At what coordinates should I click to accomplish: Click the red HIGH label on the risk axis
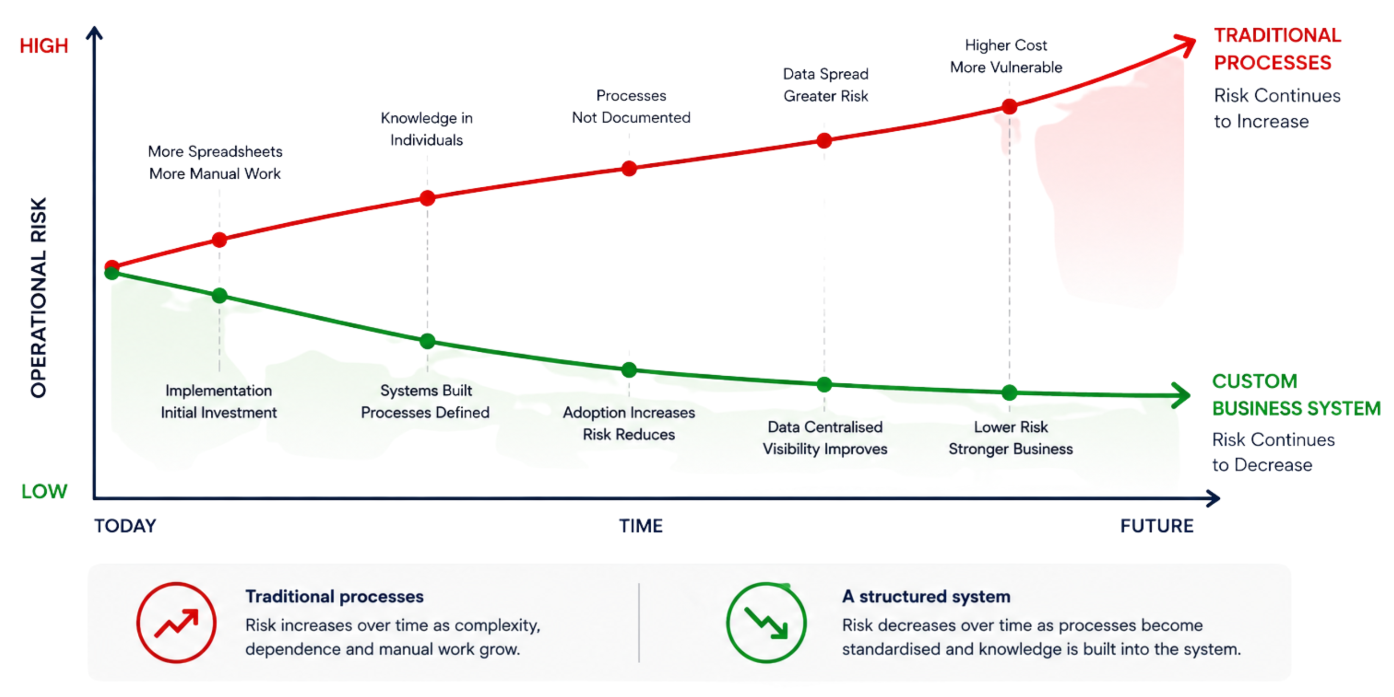(44, 46)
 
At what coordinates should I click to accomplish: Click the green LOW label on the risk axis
(44, 491)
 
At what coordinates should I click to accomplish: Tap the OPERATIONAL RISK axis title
(39, 297)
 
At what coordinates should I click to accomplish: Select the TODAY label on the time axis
(125, 526)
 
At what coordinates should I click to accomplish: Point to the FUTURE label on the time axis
(1157, 526)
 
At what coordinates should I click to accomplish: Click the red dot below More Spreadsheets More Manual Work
(219, 240)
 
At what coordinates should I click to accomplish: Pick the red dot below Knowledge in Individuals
(427, 198)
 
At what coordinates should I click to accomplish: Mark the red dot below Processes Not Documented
(629, 168)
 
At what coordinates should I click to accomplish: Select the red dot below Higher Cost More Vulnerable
(1009, 106)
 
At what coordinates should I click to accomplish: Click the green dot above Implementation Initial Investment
(219, 296)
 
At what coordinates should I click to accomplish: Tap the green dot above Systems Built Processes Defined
(427, 341)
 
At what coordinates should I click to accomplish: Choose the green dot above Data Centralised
(824, 384)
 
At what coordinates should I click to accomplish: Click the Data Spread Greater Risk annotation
(826, 85)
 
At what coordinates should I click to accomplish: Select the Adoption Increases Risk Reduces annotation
(629, 423)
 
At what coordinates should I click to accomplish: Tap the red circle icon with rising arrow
(176, 622)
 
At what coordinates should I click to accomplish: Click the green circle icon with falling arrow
(766, 622)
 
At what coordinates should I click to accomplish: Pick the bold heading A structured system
(926, 596)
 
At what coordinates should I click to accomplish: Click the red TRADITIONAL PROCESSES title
(1277, 49)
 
